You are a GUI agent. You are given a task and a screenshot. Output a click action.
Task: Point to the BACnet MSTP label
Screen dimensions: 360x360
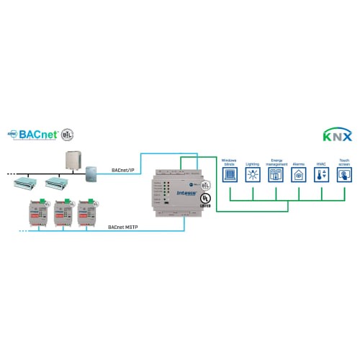coord(124,228)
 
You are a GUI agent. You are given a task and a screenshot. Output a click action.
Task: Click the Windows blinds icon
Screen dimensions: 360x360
coord(229,174)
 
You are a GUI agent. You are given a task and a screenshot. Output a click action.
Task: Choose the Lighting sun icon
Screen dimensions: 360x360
coord(252,174)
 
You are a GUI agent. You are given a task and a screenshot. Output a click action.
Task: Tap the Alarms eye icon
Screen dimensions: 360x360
coord(298,174)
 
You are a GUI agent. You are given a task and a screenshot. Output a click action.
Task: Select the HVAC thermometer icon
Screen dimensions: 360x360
coord(321,174)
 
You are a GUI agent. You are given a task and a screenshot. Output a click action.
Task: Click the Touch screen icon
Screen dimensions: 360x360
coord(344,174)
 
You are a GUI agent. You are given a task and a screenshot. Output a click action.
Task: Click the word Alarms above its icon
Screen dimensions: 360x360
coord(298,163)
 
